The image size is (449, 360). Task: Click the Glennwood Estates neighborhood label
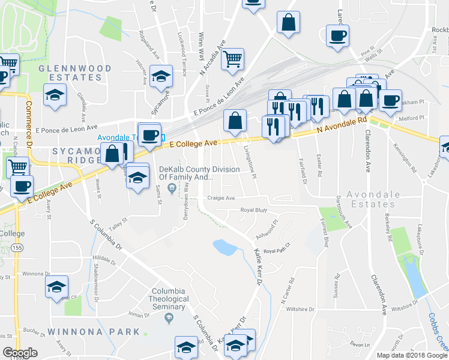click(x=71, y=73)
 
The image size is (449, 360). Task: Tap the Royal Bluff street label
click(x=253, y=210)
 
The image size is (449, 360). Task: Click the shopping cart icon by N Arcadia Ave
click(x=232, y=59)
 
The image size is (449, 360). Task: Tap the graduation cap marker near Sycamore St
click(x=161, y=77)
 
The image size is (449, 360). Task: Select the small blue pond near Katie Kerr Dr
click(x=224, y=247)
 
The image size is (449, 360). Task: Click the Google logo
click(x=20, y=353)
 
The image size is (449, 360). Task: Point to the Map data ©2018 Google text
click(x=411, y=355)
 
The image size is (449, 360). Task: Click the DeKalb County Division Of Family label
click(x=186, y=173)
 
